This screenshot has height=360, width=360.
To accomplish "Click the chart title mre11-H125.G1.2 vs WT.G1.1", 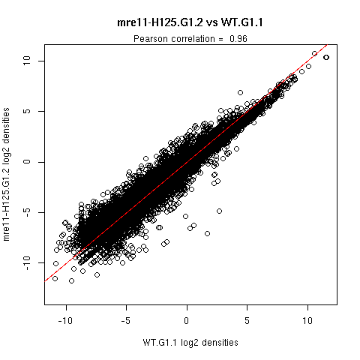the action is coord(190,22).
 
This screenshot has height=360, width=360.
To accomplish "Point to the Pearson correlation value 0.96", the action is coord(238,39).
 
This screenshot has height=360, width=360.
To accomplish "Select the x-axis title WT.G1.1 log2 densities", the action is coord(190,342).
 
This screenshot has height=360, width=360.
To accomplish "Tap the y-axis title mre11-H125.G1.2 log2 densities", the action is coord(6,174).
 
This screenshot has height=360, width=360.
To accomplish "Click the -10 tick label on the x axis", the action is coord(65,320).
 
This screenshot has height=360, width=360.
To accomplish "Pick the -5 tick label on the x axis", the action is coord(126,320).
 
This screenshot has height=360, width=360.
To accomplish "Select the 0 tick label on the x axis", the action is coord(187,320).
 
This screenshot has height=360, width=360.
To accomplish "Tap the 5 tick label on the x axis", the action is coord(247,320).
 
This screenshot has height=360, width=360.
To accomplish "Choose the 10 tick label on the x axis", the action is coord(307,320).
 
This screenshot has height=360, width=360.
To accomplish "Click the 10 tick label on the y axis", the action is coord(26,61).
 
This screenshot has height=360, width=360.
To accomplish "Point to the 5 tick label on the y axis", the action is coord(26,111).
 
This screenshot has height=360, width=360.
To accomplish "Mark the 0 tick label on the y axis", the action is coord(26,162).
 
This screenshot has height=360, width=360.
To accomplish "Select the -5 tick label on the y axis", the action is coord(26,212).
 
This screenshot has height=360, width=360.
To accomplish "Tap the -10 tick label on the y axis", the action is coord(26,263).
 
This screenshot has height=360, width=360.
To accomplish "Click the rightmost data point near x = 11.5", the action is coord(326,58).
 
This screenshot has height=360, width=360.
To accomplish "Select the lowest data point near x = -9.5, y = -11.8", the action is coord(71,281).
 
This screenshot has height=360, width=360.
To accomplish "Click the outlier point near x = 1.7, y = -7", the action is coord(207,234).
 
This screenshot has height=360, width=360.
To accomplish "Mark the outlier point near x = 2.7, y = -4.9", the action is coord(219,211).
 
